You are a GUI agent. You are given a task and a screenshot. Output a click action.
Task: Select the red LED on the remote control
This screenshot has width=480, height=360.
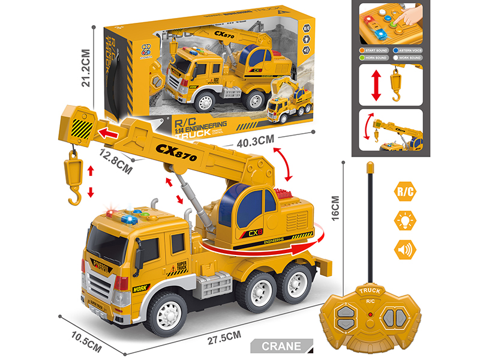[x=371, y=314]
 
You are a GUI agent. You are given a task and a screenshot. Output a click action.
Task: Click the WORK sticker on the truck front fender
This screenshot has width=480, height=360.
[x=140, y=288]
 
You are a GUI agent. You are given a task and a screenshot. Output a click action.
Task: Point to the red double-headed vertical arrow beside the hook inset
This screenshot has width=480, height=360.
[x=376, y=85]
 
